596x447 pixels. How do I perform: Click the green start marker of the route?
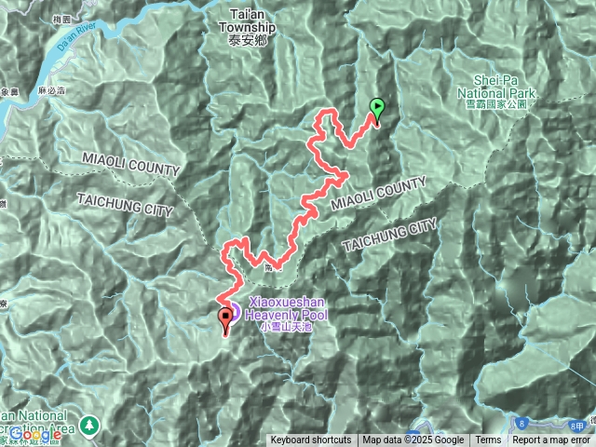[376, 109]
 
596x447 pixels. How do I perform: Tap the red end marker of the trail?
[225, 321]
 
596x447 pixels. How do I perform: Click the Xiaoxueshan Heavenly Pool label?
[289, 309]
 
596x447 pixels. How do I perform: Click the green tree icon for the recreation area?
[90, 424]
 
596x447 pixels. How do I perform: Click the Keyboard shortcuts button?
[311, 440]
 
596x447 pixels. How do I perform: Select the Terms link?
[488, 440]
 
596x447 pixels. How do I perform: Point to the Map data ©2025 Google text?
[413, 440]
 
